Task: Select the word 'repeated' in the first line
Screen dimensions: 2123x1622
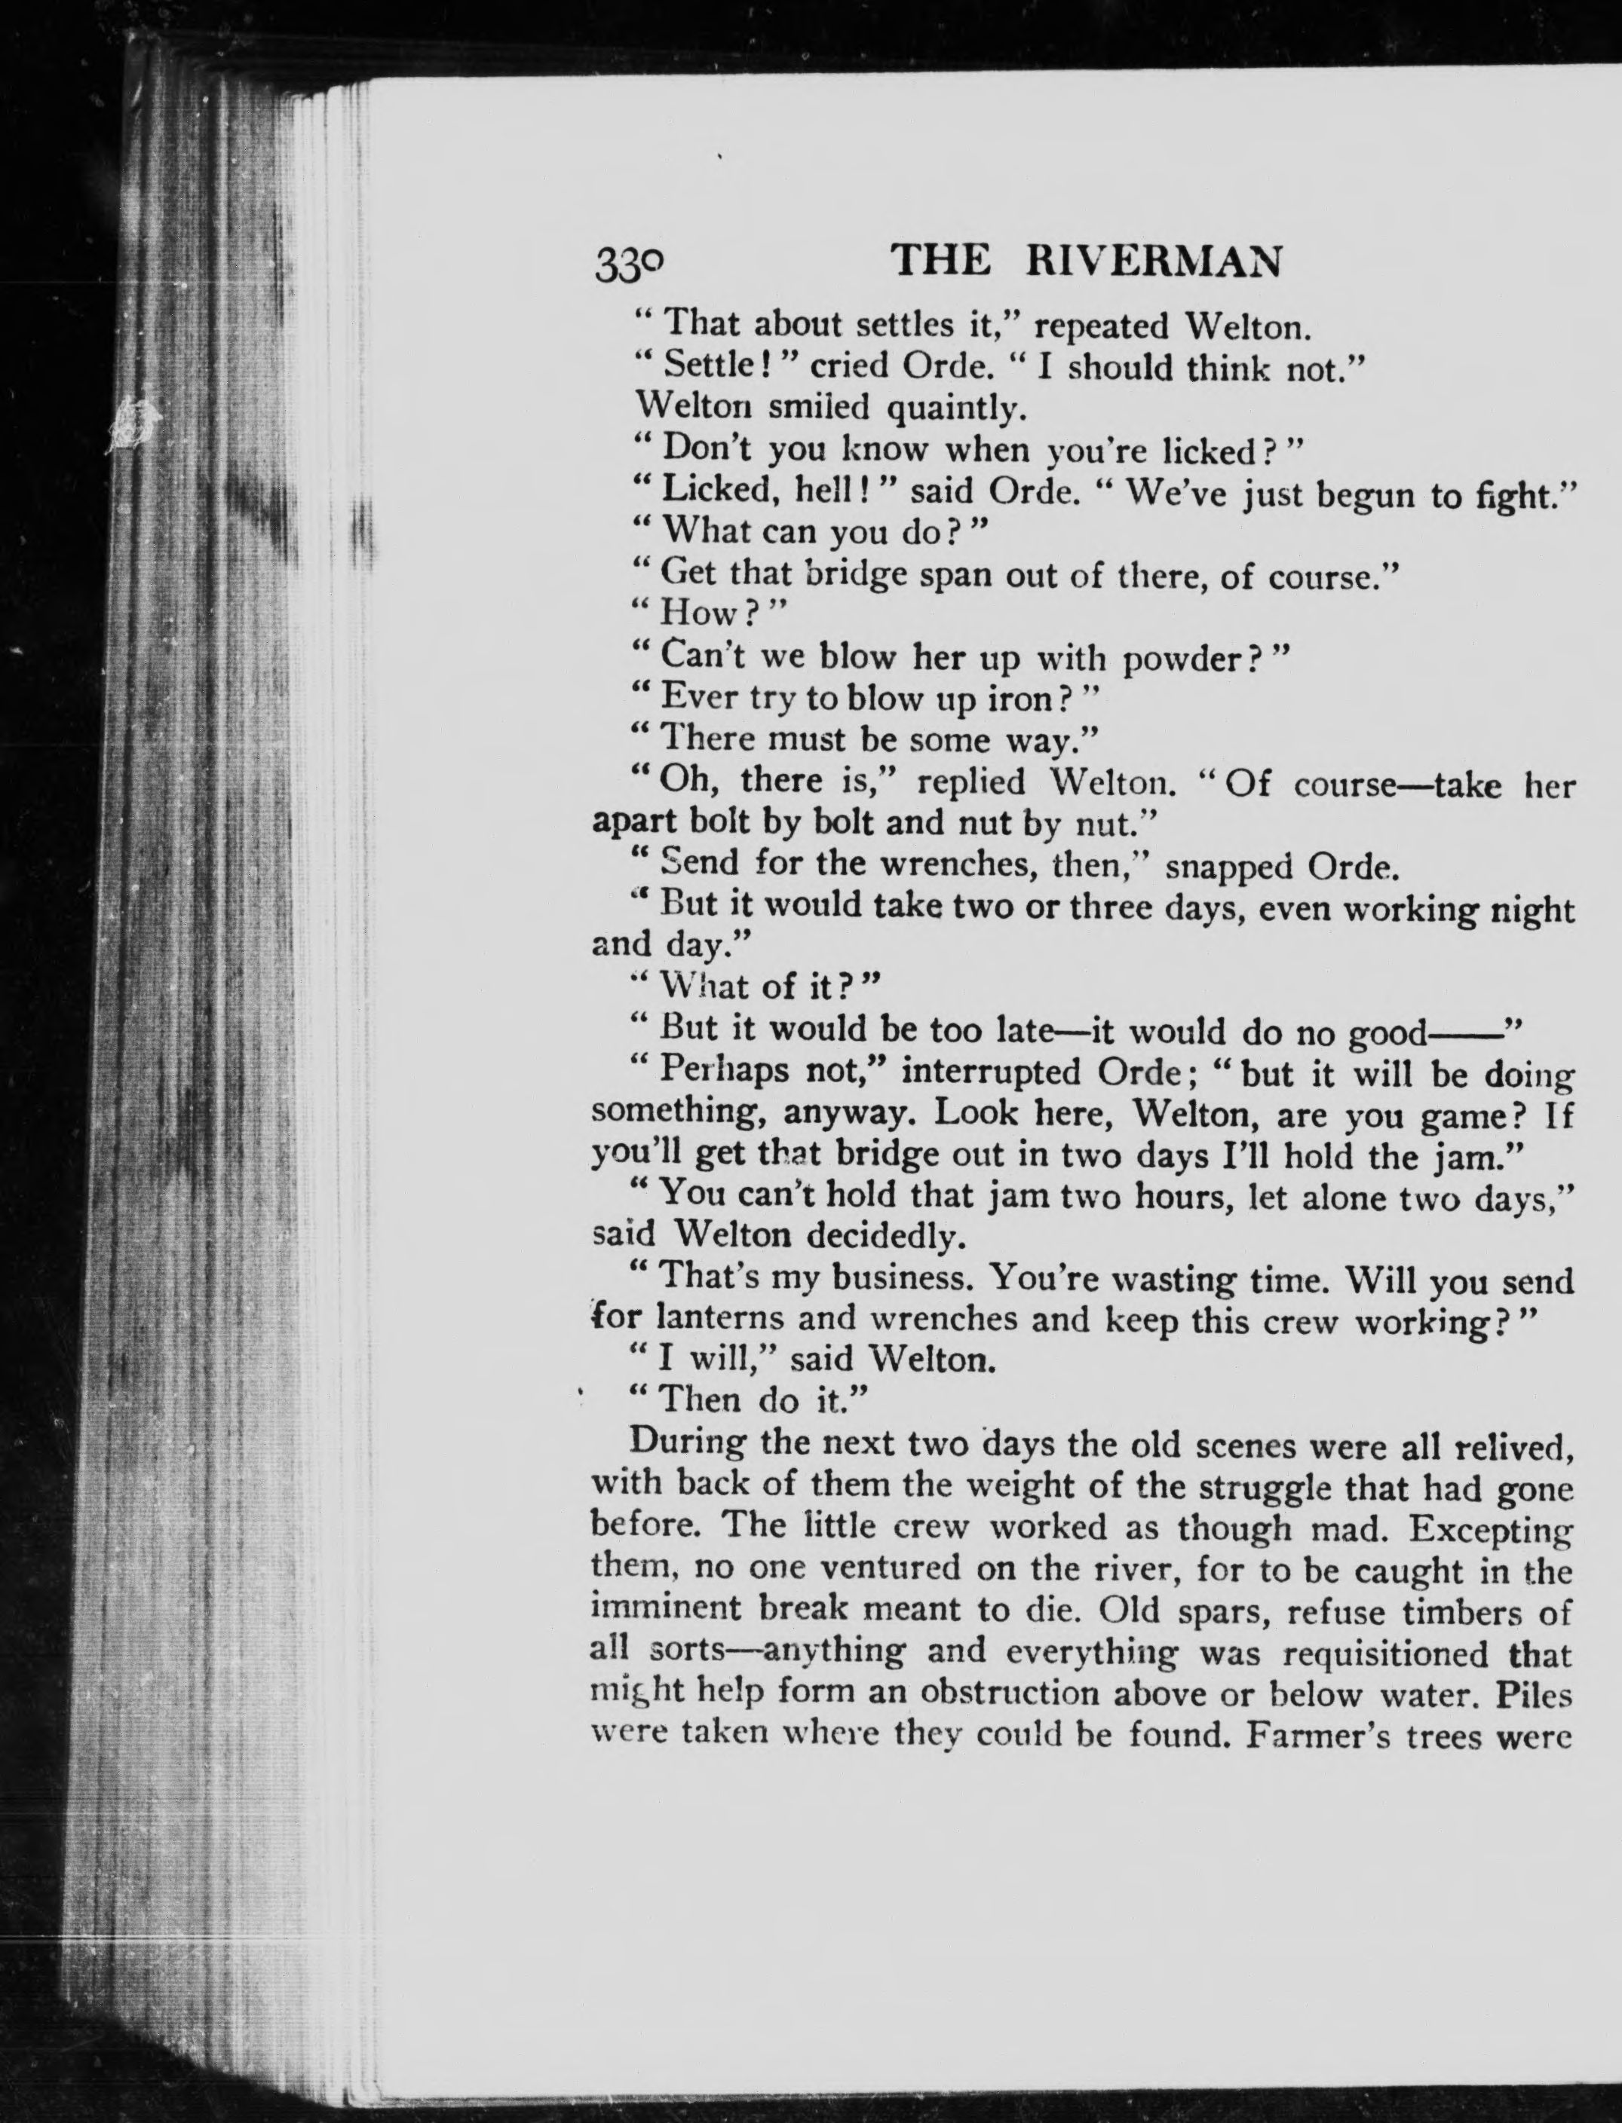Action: (x=1102, y=327)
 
